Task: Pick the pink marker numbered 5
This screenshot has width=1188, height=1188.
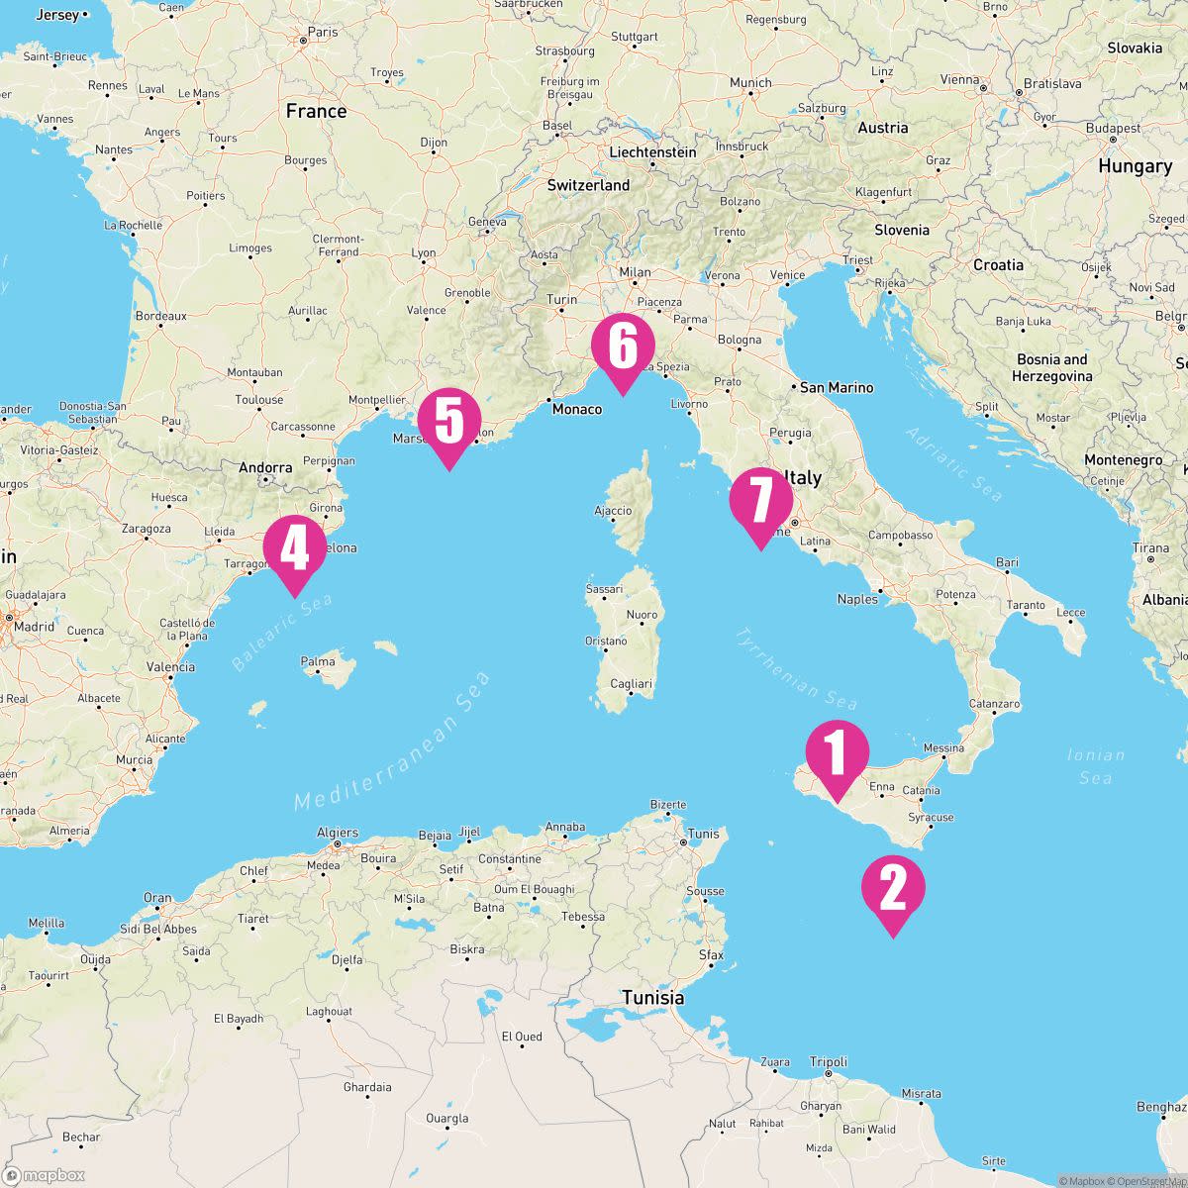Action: [448, 422]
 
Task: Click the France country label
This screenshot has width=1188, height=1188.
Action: [316, 111]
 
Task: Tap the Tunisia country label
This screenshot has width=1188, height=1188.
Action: [652, 997]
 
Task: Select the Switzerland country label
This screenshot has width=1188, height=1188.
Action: [588, 185]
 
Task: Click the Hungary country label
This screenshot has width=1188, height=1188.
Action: [1135, 166]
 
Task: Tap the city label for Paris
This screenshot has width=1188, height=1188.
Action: [322, 32]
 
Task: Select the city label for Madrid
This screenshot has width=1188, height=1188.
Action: [34, 626]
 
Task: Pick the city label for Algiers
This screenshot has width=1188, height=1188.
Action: [338, 834]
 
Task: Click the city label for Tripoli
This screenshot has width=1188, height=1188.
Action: [829, 1062]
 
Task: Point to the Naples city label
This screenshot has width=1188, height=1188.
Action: [857, 599]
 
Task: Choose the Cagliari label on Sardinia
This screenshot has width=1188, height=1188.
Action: [631, 684]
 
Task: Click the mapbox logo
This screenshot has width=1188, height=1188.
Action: [44, 1175]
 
